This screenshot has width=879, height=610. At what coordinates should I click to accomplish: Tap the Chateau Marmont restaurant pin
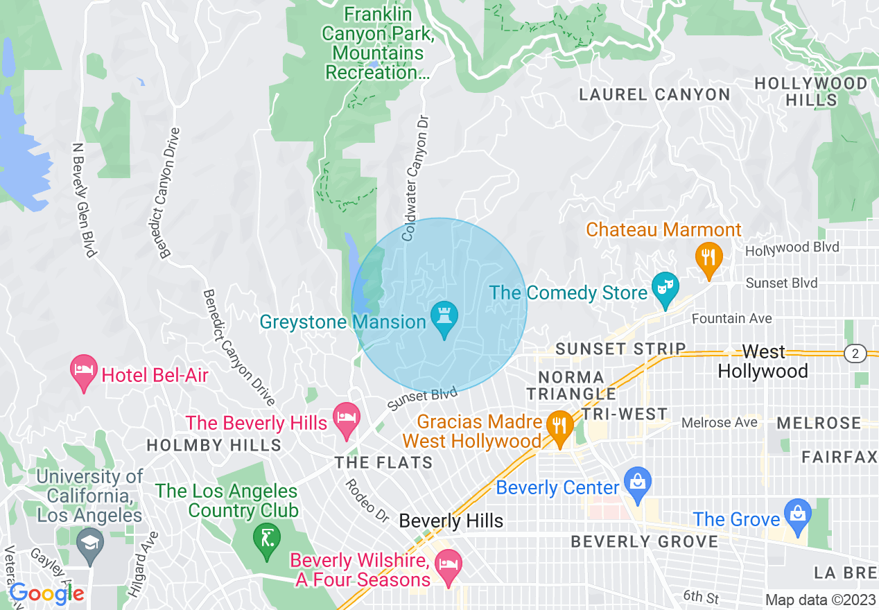(x=708, y=258)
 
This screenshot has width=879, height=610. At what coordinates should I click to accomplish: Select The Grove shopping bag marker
(x=797, y=514)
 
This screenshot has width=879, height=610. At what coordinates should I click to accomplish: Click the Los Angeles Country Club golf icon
(x=266, y=538)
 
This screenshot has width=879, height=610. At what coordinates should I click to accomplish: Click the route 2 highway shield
(x=855, y=354)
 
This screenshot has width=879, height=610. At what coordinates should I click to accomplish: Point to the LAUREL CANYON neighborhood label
(x=654, y=94)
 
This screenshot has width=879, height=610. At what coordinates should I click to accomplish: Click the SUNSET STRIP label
(x=620, y=349)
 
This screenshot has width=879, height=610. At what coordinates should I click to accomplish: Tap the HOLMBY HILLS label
(x=214, y=445)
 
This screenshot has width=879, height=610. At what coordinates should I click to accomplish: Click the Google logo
(x=46, y=593)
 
